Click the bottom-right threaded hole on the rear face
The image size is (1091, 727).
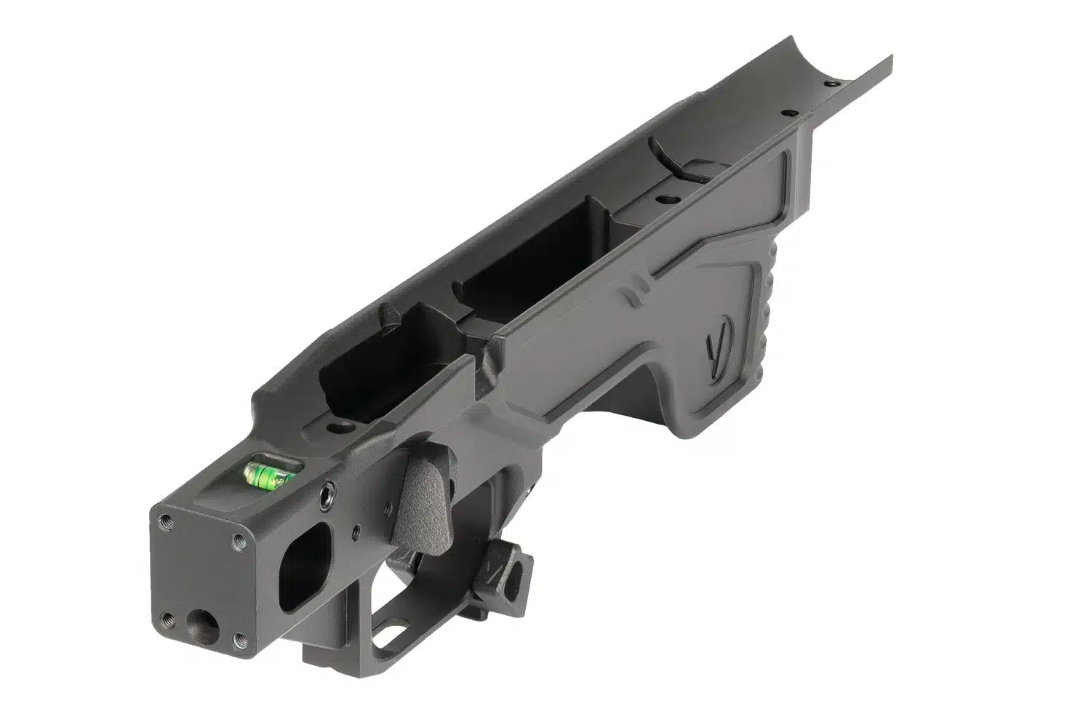click(239, 641)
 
